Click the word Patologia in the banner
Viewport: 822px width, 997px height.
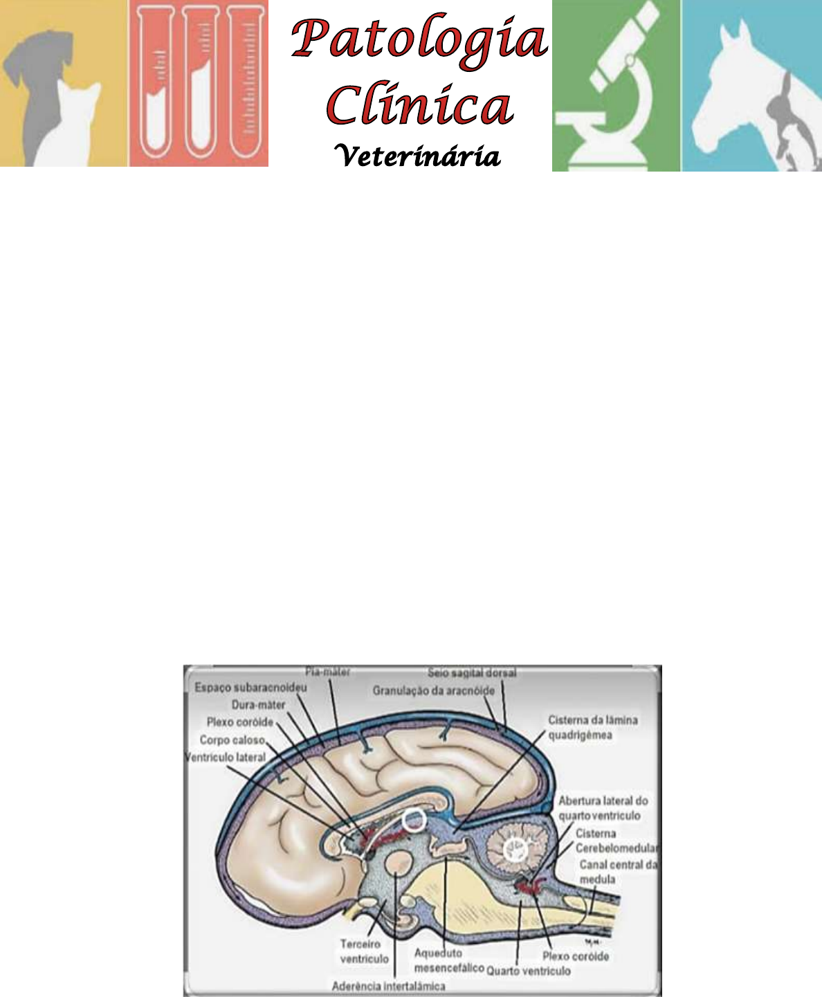click(x=419, y=40)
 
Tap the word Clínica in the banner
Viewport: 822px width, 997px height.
click(x=419, y=107)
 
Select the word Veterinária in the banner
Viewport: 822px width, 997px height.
click(x=417, y=156)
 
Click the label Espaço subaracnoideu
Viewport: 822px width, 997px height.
click(x=250, y=688)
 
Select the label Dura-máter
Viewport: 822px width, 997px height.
click(x=258, y=705)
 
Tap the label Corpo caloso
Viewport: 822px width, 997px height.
click(x=232, y=740)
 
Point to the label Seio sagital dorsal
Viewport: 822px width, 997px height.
click(x=472, y=673)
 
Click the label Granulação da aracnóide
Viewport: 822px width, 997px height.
click(x=434, y=690)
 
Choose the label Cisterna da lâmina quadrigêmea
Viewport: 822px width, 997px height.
click(x=593, y=727)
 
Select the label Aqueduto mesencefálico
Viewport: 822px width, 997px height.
click(x=448, y=960)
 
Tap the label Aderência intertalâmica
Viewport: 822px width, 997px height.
click(x=388, y=986)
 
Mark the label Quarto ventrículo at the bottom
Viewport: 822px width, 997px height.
click(x=529, y=971)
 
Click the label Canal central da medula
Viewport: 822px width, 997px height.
click(x=618, y=872)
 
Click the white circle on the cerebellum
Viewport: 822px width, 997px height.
click(x=515, y=848)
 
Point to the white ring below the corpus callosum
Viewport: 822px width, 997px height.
click(x=414, y=821)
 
